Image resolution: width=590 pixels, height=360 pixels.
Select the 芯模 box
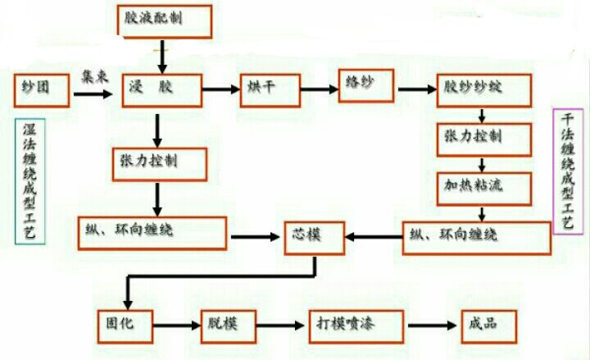(x=315, y=237)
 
